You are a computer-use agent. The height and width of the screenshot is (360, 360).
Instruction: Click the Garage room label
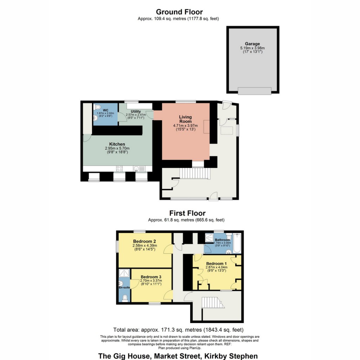click(252, 44)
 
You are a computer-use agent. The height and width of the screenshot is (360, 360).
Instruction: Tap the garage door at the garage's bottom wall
click(255, 91)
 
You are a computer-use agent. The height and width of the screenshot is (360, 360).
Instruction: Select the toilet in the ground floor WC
click(98, 107)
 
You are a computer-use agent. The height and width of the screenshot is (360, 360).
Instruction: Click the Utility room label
click(136, 111)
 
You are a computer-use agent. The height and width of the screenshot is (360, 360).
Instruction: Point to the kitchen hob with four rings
click(120, 168)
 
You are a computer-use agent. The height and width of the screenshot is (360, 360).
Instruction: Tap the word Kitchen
click(117, 144)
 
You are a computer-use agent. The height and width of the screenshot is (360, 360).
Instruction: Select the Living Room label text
click(186, 119)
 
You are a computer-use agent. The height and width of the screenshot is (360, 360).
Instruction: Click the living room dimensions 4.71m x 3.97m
click(186, 126)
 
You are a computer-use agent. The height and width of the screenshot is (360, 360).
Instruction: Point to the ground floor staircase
click(194, 173)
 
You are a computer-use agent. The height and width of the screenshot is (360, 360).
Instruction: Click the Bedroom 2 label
click(144, 241)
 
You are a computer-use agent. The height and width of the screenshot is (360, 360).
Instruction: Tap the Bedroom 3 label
click(151, 277)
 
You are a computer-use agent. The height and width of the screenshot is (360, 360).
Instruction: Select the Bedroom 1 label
click(217, 264)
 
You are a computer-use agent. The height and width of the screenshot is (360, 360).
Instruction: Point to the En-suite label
click(124, 288)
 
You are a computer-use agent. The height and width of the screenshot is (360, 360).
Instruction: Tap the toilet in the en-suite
click(125, 298)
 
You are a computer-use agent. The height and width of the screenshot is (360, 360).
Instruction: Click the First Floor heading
click(187, 213)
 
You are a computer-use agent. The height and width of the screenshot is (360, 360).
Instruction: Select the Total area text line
click(178, 330)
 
